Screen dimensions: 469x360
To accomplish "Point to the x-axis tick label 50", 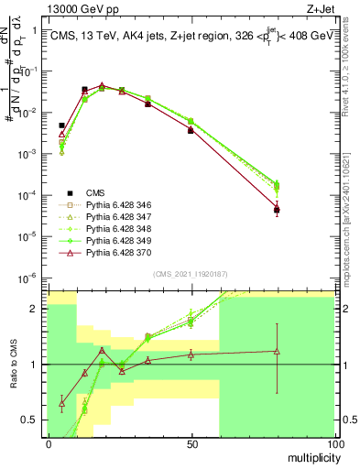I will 191,444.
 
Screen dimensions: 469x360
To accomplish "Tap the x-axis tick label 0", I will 49,444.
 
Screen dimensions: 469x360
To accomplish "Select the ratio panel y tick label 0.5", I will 34,420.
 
